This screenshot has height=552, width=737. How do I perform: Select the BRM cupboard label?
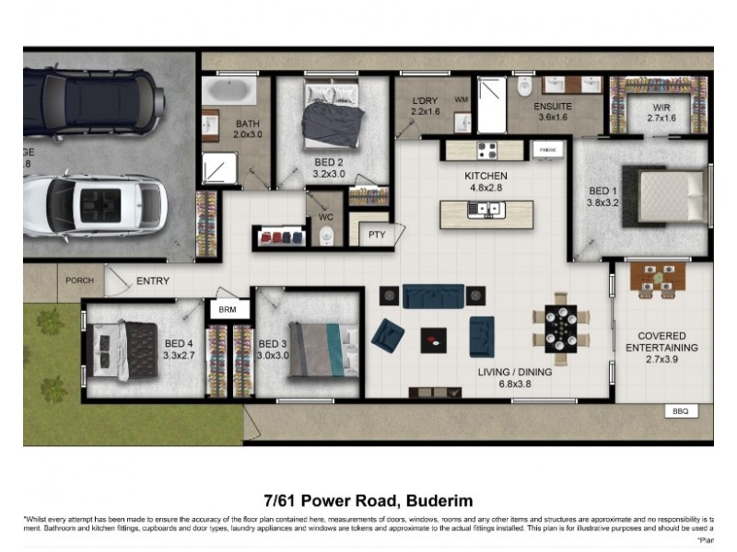tap(228, 310)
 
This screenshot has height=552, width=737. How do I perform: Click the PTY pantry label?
tap(378, 236)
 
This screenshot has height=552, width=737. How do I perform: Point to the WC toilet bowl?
tap(325, 238)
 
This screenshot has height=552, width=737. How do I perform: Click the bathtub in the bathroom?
tap(229, 91)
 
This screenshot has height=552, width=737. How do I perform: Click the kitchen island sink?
tap(485, 210)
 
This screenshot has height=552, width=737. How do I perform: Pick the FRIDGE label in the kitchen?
tap(547, 148)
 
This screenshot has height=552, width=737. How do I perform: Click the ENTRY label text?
tap(153, 281)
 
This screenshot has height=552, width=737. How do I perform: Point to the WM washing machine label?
tap(461, 98)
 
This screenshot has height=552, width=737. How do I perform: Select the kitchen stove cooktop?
tap(485, 149)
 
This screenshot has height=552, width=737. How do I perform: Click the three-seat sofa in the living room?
tap(433, 295)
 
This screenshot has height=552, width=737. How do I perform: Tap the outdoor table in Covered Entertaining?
tap(658, 277)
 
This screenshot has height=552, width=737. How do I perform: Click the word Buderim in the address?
tap(437, 501)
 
